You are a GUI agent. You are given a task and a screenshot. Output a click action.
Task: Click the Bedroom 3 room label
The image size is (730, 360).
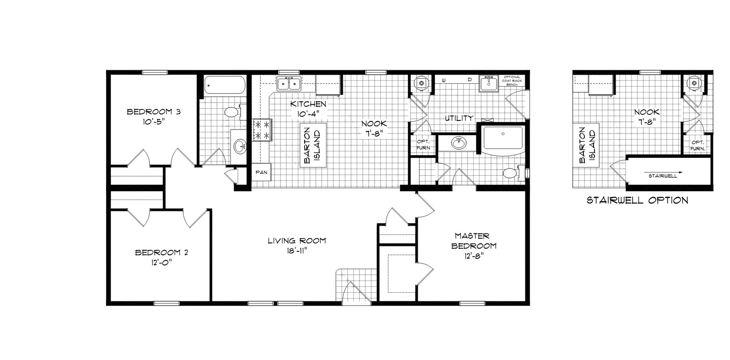pos(153,112)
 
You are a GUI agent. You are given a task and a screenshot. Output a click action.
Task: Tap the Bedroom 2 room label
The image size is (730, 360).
pos(162,252)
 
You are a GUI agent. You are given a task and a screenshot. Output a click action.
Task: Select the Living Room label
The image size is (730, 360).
pos(297,240)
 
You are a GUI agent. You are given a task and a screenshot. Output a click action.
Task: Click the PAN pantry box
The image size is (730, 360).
pos(261,172)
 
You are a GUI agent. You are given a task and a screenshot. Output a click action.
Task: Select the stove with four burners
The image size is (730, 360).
pos(262,130)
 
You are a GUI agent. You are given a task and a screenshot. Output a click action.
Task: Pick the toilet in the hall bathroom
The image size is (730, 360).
pos(232,112)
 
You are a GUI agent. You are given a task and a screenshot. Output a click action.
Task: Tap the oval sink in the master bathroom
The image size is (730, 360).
pos(458,143)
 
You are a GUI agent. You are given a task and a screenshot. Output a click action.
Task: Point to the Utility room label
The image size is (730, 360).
pos(458,118)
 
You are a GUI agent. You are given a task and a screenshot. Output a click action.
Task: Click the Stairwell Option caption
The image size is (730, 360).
pos(637,200)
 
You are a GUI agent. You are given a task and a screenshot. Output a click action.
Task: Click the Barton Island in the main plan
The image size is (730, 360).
pos(312,146)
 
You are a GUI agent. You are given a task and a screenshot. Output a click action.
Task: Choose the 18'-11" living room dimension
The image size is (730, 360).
pos(297,251)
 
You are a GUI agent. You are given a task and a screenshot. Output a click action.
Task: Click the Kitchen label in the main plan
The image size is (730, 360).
pos(308,104)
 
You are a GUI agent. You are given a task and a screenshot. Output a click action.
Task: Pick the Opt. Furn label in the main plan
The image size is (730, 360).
pos(423,145)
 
